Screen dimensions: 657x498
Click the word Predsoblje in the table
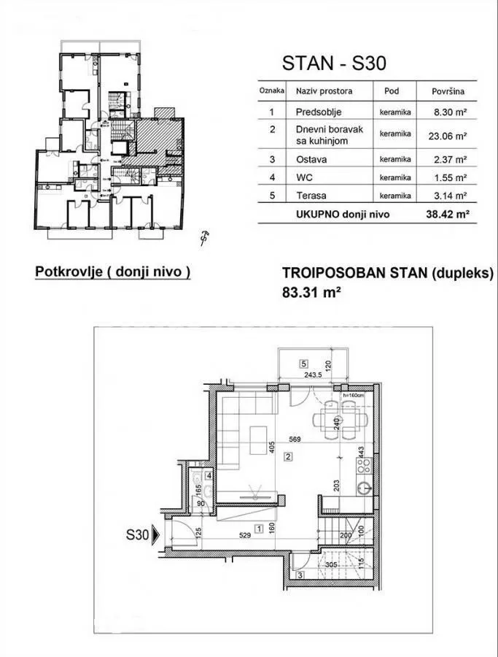tap(319, 112)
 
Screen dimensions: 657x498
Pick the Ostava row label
tap(311, 158)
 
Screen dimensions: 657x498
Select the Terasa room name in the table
tap(312, 196)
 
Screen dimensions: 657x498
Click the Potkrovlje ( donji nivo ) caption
tap(113, 272)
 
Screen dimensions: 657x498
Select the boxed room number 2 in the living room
tap(289, 458)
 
